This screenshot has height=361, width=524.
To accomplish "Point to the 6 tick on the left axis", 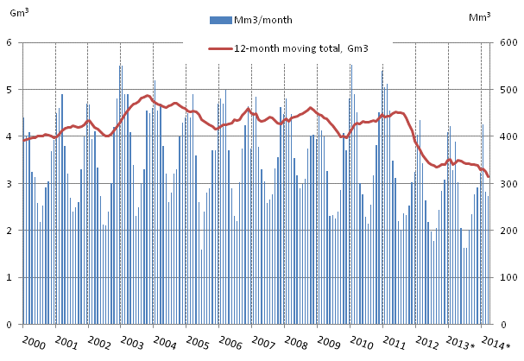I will point(8,42).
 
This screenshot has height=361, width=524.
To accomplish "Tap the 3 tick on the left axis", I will point(8,184).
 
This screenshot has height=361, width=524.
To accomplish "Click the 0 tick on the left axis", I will point(8,326).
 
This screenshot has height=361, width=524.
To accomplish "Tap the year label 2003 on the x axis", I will point(131,342).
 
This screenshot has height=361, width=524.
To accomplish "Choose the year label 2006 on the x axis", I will point(230,342).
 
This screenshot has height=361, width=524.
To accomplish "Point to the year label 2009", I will point(329,342).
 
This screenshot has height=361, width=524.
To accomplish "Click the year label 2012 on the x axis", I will point(427,342).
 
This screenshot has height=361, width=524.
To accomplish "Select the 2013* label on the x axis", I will point(463,342).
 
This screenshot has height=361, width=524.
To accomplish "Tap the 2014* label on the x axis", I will point(496,342).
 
